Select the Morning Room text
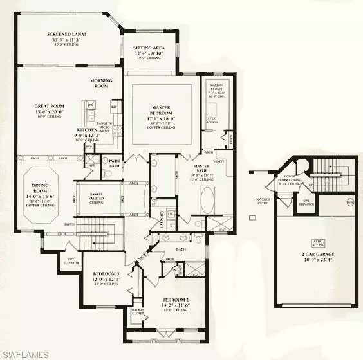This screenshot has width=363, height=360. point(101,80)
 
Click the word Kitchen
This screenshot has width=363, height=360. point(86,129)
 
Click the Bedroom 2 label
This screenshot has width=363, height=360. point(175,300)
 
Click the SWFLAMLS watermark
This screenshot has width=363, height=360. point(26,352)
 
